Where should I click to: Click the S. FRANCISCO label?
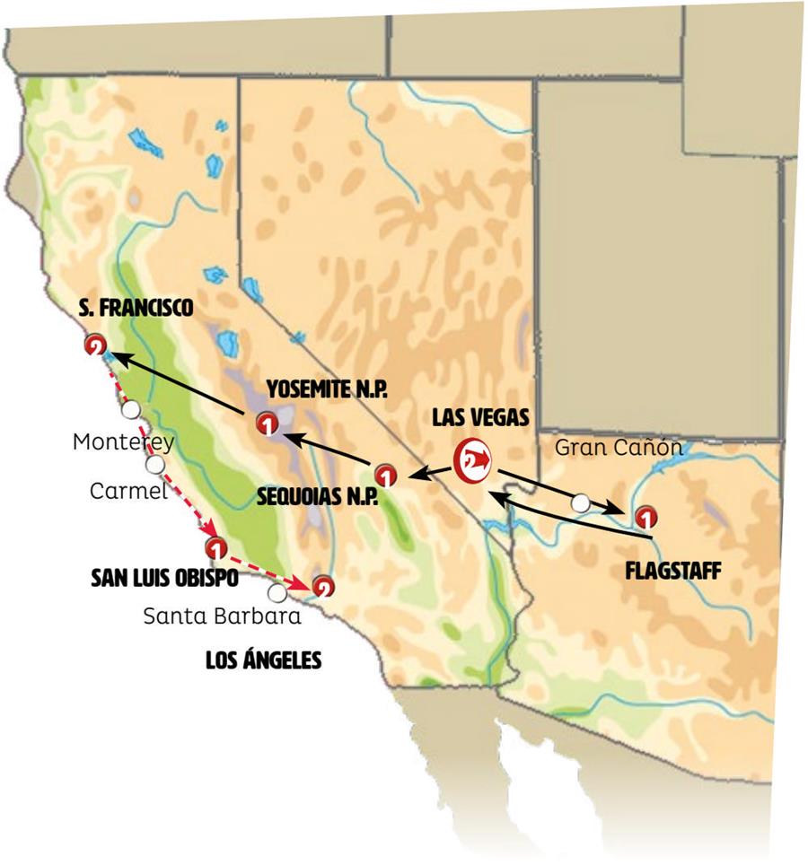coord(135,308)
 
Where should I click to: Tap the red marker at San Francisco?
coord(95,346)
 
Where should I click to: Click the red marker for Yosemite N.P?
coord(266,423)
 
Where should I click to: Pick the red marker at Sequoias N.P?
coord(384,473)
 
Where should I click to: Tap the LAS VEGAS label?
coord(480,417)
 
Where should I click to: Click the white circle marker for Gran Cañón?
coord(582,503)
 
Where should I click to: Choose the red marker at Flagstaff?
coord(645,517)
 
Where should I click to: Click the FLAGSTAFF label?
coord(672,570)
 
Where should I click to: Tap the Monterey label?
coord(124,441)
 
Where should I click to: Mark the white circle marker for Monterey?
coord(131,410)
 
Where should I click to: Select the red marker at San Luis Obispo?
coord(215,546)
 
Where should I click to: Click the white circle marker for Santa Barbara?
coord(277,592)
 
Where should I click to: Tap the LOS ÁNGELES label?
coord(263,661)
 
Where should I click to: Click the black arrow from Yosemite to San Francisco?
coord(180,385)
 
